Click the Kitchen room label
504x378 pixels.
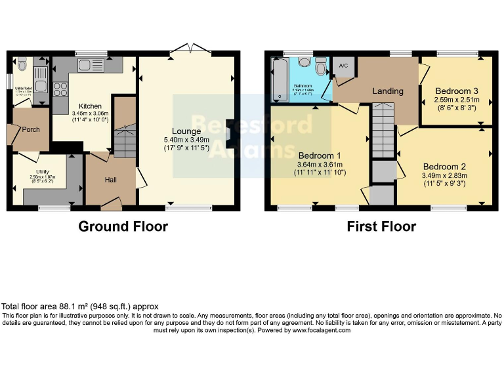[x=91, y=106]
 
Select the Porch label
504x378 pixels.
[x=31, y=129]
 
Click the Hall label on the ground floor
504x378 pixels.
[x=110, y=180]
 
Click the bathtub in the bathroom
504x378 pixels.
[x=278, y=80]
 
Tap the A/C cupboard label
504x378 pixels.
[x=342, y=66]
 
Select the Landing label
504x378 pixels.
[x=388, y=91]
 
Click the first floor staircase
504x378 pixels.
[x=383, y=131]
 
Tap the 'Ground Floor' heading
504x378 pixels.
[x=123, y=226]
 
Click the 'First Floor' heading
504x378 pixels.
[x=381, y=226]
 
